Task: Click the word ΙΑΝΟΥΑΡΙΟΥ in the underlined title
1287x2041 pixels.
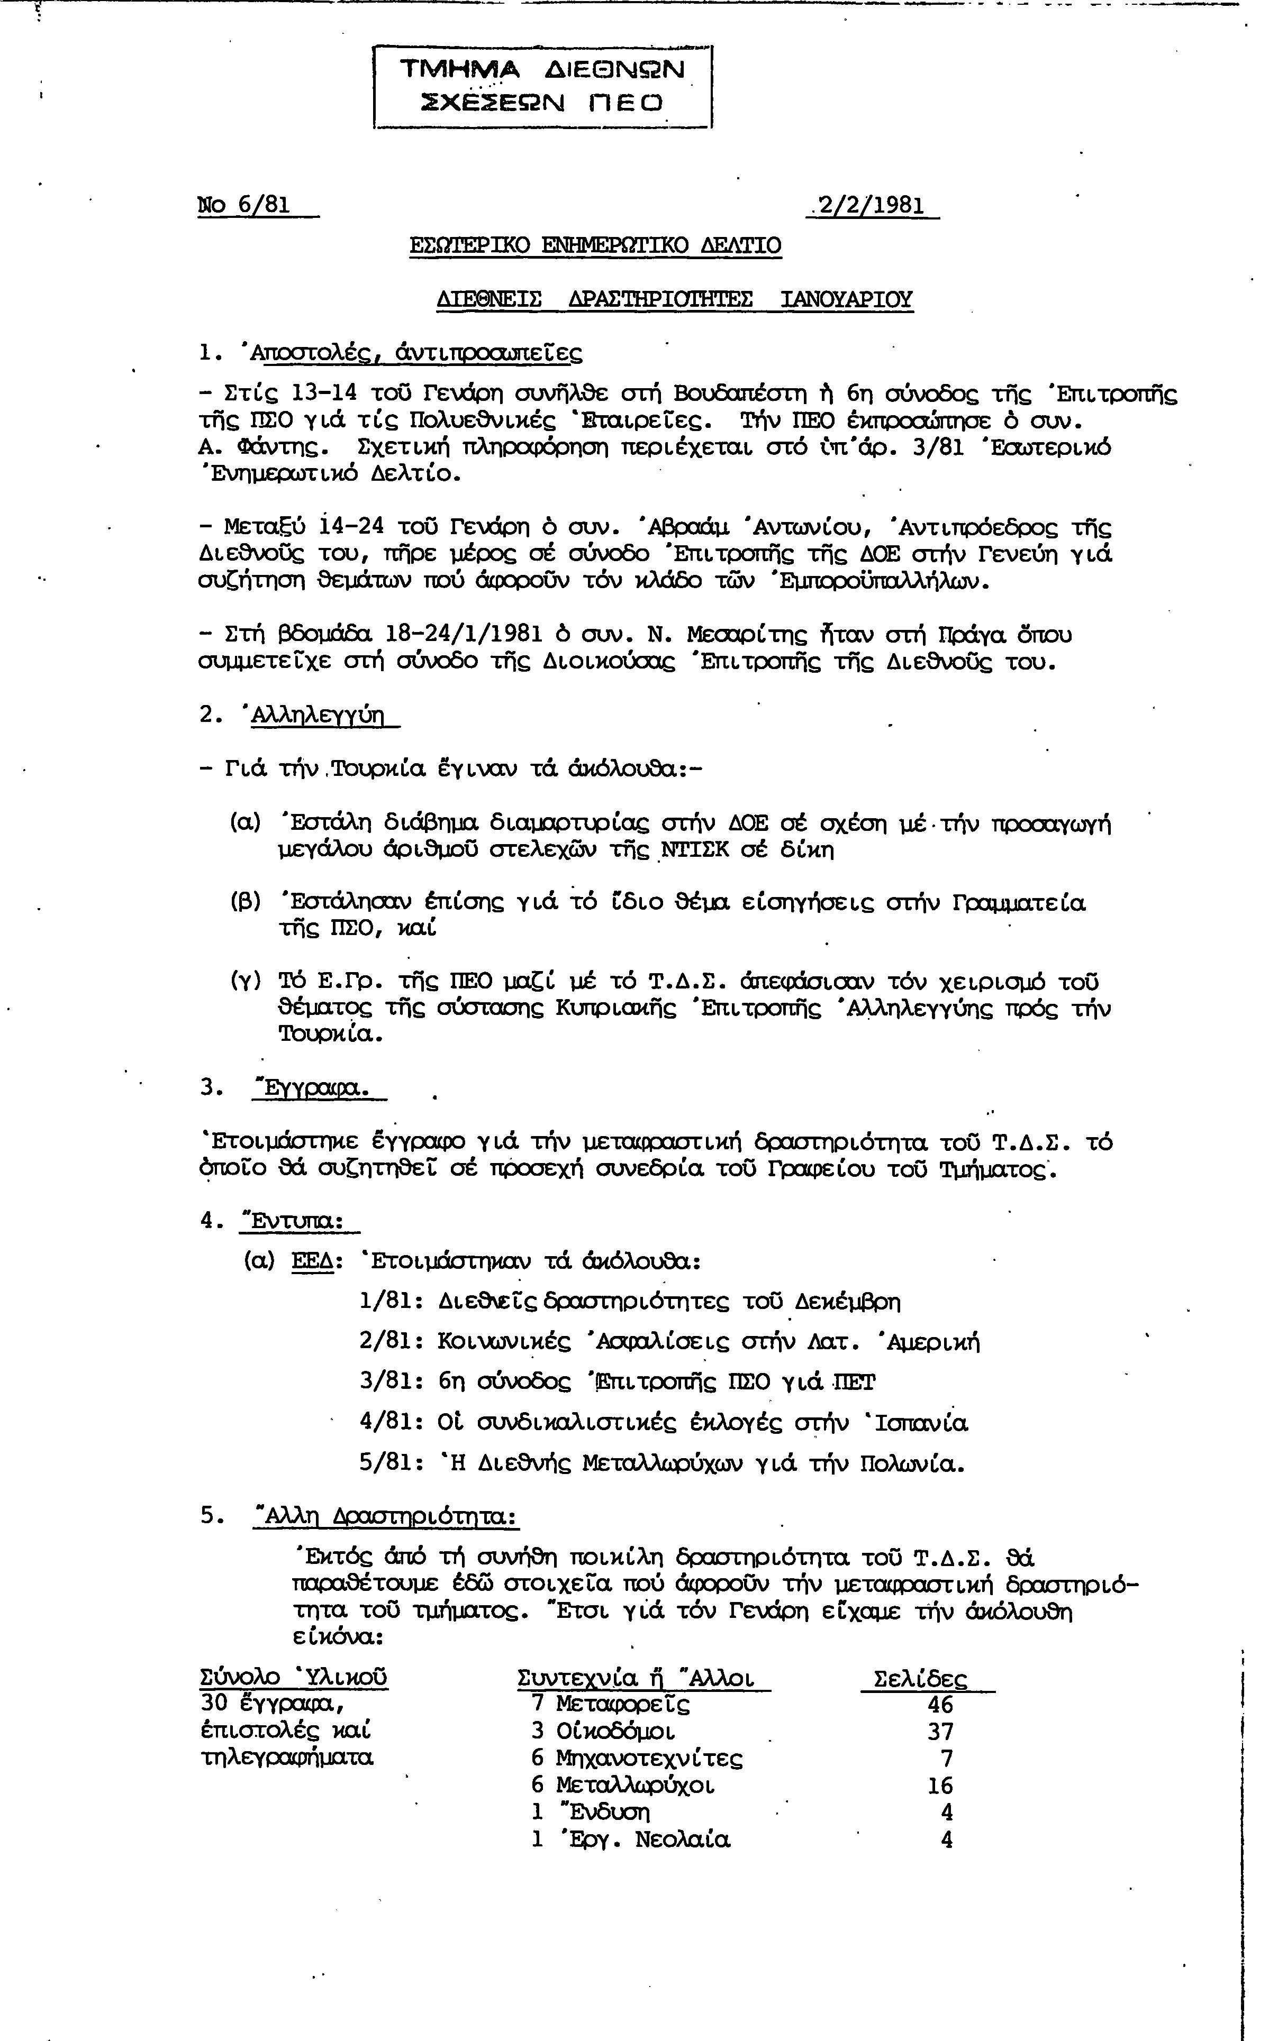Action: pos(846,299)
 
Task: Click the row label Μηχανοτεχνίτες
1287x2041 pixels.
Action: pos(649,1759)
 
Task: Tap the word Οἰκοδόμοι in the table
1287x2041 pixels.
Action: pos(615,1732)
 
